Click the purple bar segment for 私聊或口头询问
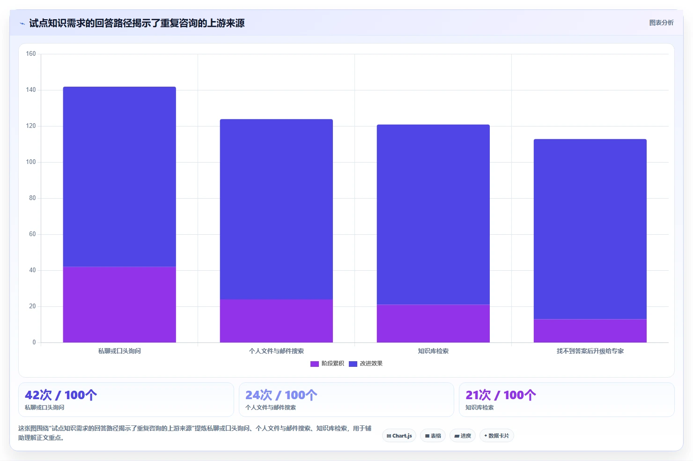(119, 305)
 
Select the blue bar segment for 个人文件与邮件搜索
(276, 209)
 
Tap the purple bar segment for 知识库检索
(433, 324)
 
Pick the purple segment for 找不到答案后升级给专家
(590, 331)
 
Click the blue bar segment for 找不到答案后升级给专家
(590, 229)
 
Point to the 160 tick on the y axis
(31, 53)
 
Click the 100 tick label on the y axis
(31, 162)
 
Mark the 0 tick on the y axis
(34, 342)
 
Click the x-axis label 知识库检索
(433, 351)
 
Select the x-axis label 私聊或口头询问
(119, 351)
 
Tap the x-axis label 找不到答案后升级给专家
(590, 351)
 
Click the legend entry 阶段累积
(327, 364)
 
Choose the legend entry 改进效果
(366, 364)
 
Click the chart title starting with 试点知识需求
(137, 23)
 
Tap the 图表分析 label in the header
(661, 22)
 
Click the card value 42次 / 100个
(61, 395)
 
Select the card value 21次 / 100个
(501, 395)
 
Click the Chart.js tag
(399, 436)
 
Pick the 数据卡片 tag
(496, 436)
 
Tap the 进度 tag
(463, 436)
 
